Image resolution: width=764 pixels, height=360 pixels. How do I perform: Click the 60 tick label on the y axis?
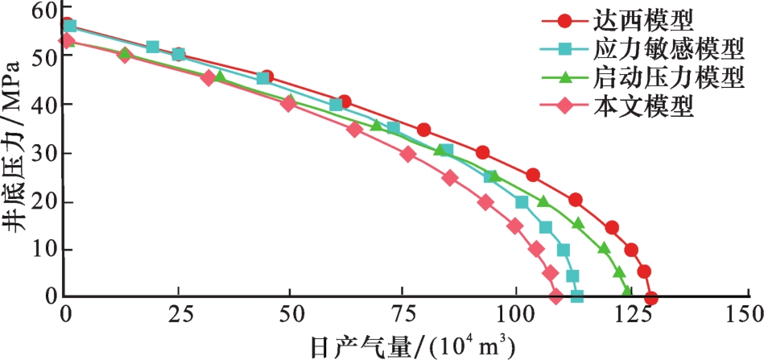click(48, 11)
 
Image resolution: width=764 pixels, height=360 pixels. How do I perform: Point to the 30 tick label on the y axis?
click(48, 153)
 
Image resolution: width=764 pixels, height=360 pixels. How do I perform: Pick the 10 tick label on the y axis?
click(48, 249)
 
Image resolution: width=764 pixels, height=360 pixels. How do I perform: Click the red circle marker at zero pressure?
click(651, 298)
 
